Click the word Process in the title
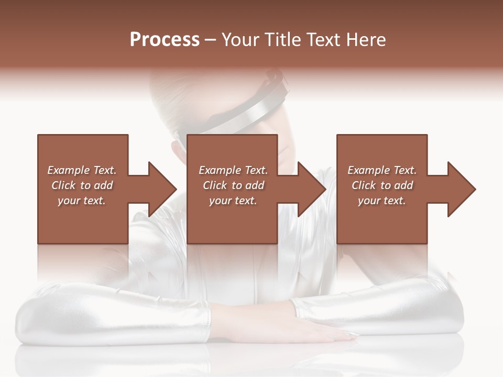[x=165, y=40]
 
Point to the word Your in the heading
[x=241, y=40]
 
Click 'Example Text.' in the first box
[x=82, y=170]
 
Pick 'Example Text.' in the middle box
[x=233, y=170]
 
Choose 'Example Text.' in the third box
[x=382, y=170]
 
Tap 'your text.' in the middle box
[x=233, y=201]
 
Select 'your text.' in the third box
[x=382, y=201]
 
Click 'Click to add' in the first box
[x=82, y=185]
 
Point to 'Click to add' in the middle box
[x=233, y=185]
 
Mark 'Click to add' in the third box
[x=382, y=185]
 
